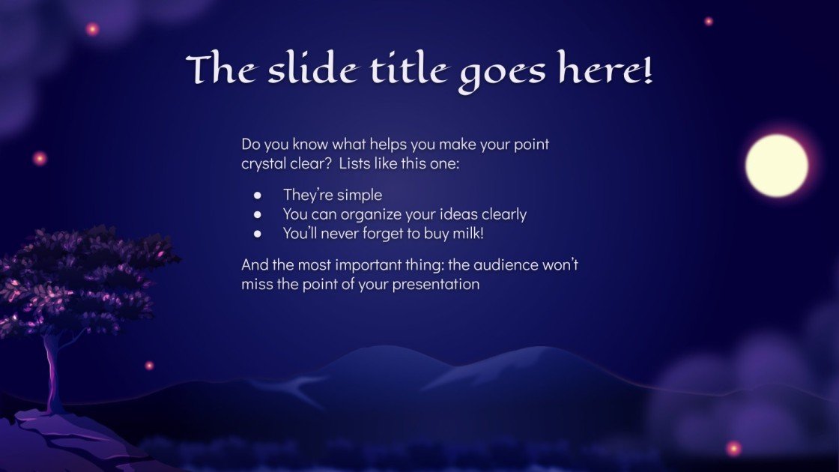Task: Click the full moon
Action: point(777,166)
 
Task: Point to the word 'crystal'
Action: point(262,163)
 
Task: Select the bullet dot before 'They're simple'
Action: point(258,196)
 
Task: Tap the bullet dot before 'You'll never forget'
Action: point(258,234)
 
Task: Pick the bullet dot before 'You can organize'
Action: point(258,215)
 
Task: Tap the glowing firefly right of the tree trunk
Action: point(149,366)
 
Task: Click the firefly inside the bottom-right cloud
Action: point(733,448)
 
